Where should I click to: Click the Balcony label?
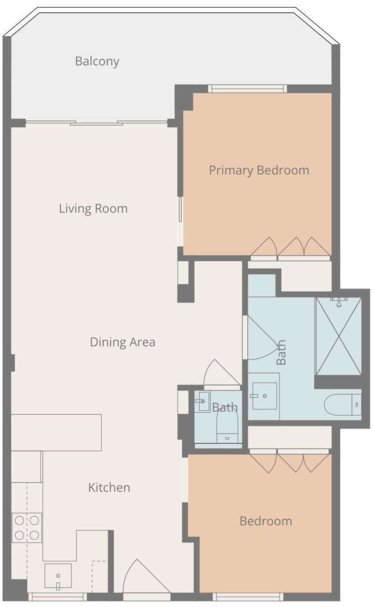97,61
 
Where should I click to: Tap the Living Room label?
93,208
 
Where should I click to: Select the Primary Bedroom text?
259,170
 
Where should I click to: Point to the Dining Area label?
123,342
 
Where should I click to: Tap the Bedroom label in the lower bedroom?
266,521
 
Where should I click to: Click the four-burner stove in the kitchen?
27,528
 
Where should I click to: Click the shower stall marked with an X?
339,336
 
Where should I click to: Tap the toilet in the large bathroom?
343,405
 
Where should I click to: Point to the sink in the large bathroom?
264,396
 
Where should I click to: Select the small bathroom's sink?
203,401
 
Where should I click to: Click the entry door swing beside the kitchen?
147,580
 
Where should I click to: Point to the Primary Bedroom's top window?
248,88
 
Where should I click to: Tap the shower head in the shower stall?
339,301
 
